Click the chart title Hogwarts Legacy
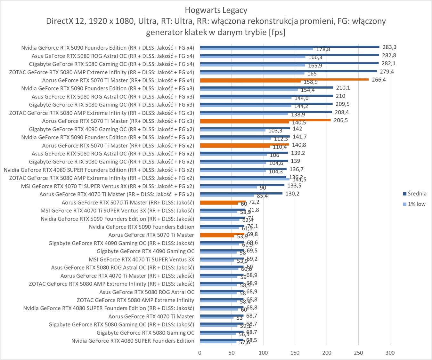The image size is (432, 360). [216, 10]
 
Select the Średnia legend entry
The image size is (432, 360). [417, 193]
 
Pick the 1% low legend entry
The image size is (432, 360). [416, 204]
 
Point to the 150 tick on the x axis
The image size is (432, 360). [295, 353]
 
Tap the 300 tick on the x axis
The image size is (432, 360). [390, 353]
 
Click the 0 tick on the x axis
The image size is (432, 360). [200, 353]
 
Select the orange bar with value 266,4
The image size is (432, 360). [284, 79]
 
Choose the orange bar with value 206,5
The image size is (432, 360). [265, 120]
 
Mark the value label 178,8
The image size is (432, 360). [323, 49]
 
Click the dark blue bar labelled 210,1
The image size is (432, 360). [266, 87]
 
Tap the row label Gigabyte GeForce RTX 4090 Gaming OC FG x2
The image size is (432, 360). [111, 129]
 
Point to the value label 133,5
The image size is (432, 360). [294, 186]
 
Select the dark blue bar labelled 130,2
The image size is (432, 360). [241, 193]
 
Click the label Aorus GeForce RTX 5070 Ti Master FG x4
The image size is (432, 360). [118, 80]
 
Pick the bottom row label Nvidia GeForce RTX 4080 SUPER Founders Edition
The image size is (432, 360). [133, 341]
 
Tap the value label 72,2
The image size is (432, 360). [254, 202]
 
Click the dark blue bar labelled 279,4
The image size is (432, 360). [288, 71]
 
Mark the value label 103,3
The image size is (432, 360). [275, 131]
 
